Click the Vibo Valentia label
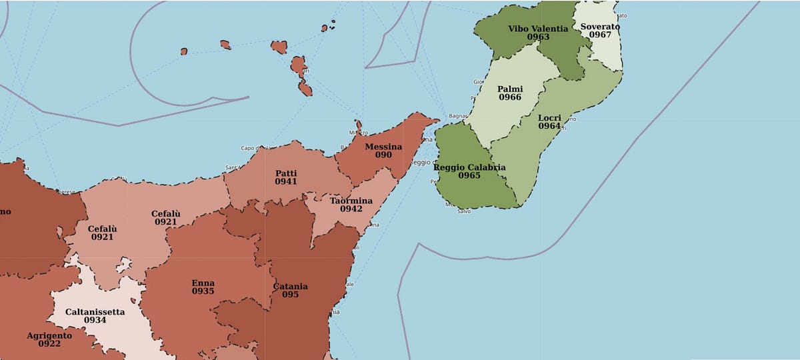pos(537,29)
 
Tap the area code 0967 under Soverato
pos(600,35)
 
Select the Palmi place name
pos(510,89)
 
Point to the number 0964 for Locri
pos(549,126)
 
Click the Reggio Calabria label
pos(469,167)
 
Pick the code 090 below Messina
pos(383,155)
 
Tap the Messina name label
pos(383,146)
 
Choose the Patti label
pos(286,173)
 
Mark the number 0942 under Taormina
pos(351,209)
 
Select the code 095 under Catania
pos(290,295)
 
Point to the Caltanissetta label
pos(95,311)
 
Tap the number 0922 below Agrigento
pos(49,344)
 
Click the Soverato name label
pos(600,27)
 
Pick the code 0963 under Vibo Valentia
pos(537,37)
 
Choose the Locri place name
pos(549,117)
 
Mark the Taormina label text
pos(351,200)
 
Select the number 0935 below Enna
pos(203,292)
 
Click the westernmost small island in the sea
pos(184,51)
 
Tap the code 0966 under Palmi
pos(510,98)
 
